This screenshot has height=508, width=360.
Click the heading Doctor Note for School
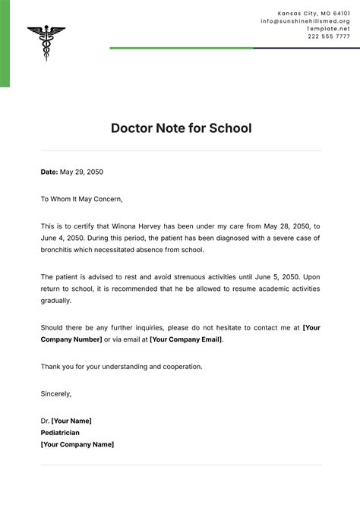181,128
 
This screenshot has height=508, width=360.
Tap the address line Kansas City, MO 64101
314,14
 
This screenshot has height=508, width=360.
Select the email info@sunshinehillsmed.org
305,21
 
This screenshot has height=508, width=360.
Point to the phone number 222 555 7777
329,36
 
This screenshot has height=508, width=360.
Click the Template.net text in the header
328,29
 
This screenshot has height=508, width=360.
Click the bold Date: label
49,172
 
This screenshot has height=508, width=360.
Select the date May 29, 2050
81,172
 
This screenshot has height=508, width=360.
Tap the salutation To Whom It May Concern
81,199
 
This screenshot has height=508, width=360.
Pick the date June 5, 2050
279,276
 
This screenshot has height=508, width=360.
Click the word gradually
56,301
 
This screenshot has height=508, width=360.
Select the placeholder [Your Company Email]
186,339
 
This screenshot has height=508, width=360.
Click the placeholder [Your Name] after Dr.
71,421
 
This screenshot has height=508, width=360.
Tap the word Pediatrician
60,433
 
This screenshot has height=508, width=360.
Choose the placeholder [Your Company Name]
77,444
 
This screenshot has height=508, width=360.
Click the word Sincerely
56,393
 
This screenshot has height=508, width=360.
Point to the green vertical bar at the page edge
5,43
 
